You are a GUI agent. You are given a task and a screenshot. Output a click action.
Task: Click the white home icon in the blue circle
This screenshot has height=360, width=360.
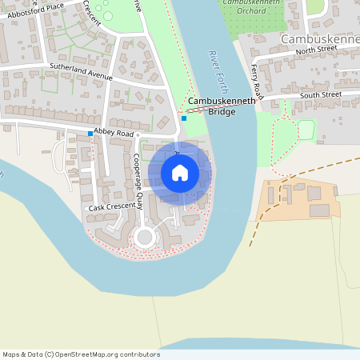click(180, 173)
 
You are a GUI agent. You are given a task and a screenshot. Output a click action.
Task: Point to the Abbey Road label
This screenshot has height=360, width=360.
click(114, 132)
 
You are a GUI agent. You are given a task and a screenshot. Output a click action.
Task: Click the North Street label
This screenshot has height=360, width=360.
click(318, 50)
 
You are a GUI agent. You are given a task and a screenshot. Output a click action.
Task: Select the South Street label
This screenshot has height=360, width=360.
click(321, 95)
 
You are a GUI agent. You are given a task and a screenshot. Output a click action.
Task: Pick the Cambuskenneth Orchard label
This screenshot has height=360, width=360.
click(251, 7)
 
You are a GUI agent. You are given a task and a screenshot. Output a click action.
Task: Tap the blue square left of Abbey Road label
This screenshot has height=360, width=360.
click(90, 133)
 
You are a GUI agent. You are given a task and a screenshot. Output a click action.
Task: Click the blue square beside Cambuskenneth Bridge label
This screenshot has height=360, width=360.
click(184, 118)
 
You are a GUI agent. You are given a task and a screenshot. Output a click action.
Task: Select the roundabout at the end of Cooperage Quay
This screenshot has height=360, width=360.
click(145, 236)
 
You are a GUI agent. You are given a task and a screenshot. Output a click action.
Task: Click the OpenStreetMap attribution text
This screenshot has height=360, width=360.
click(81, 354)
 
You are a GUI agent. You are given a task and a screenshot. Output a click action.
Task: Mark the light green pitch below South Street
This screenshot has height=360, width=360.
click(306, 129)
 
